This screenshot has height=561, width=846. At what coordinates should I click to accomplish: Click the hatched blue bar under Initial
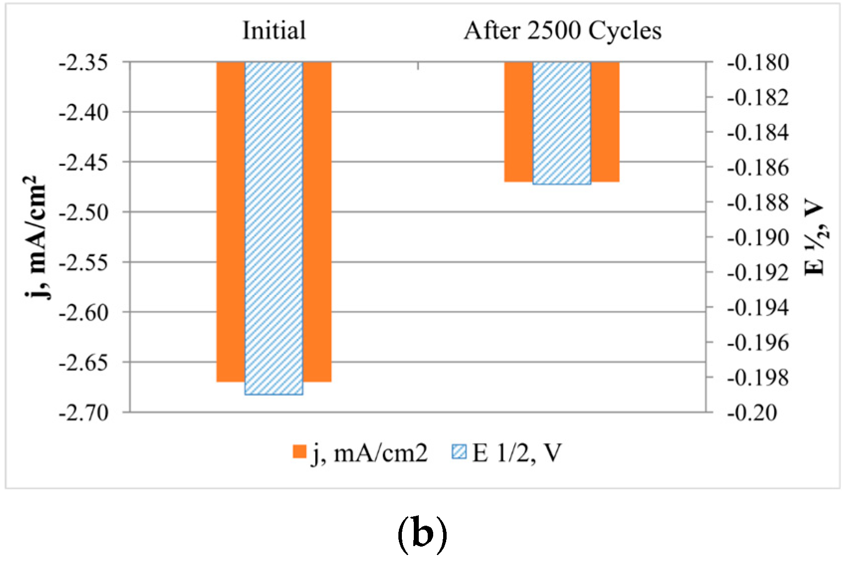coord(274,229)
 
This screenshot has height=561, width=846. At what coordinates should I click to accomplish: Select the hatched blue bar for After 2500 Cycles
coord(562,123)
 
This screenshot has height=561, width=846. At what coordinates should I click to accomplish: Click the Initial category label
coord(274,31)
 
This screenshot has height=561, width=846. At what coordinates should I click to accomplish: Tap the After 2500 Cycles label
coord(563,31)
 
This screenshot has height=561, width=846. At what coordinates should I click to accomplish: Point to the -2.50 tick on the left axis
coord(84,212)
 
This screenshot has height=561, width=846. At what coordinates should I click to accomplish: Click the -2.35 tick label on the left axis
coord(84,63)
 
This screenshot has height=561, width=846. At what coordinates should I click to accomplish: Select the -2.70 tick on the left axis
coord(84,412)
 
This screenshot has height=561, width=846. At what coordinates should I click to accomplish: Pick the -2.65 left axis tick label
coord(84,363)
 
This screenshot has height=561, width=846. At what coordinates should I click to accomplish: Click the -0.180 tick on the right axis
coord(757,63)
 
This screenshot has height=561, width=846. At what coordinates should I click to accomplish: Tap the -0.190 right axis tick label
coord(757,238)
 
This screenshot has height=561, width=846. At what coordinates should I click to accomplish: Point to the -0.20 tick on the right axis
coord(752,412)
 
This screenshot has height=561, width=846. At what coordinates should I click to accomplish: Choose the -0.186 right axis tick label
coord(757,168)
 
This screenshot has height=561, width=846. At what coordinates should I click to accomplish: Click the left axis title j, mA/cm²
coord(38,237)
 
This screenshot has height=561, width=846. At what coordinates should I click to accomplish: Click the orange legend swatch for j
coord(299,452)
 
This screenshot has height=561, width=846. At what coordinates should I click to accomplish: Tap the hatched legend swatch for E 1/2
coord(459,452)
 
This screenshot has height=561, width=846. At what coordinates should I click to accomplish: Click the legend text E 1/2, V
coord(517,453)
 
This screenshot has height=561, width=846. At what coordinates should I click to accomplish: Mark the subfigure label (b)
coord(422,535)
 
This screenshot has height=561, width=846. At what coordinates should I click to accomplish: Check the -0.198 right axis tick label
coord(757,377)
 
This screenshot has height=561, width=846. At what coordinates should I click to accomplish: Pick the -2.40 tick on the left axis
coord(84,112)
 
